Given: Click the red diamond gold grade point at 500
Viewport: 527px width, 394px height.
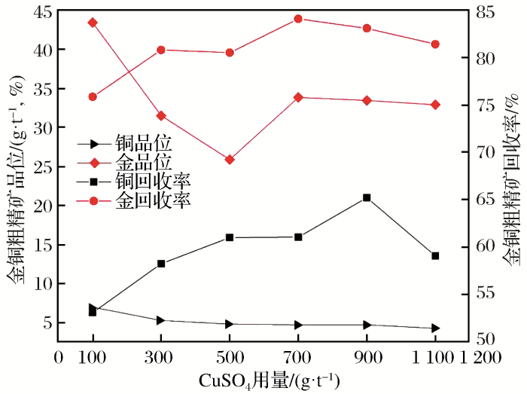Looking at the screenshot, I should pos(230,160).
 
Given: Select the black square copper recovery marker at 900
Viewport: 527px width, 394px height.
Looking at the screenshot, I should pos(367,197).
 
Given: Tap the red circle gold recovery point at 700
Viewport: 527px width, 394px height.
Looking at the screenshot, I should pos(298,19).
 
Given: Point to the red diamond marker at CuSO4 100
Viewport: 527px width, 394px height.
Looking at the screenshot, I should pos(93,23).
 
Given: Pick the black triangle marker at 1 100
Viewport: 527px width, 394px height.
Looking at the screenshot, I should pos(435,328).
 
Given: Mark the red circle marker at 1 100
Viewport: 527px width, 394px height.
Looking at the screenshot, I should pos(435,44).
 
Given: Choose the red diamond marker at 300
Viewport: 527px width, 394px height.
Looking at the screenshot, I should pos(161,115).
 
